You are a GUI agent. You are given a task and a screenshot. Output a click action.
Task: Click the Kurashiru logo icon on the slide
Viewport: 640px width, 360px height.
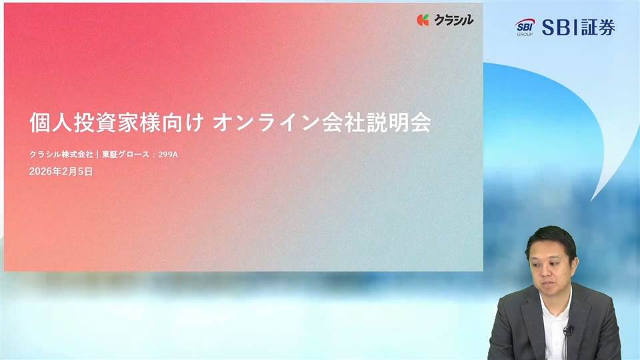click(423, 20)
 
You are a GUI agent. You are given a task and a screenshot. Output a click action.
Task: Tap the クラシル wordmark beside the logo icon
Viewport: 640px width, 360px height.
click(453, 20)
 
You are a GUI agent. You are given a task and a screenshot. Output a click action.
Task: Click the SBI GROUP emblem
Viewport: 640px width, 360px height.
click(525, 27)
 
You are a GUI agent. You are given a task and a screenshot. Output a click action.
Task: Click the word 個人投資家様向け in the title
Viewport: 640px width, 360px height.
click(117, 123)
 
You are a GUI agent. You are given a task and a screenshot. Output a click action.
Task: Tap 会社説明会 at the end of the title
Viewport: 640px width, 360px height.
click(377, 123)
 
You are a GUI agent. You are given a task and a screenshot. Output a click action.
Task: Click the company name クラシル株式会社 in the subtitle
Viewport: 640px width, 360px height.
click(61, 155)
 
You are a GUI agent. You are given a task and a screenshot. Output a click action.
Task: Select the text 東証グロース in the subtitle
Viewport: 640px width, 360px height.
click(126, 155)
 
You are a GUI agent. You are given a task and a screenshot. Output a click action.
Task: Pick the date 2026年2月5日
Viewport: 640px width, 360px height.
click(61, 172)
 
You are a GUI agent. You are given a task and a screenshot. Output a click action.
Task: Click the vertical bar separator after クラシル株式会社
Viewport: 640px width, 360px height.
click(97, 155)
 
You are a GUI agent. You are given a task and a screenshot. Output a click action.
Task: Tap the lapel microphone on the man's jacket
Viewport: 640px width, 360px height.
click(568, 330)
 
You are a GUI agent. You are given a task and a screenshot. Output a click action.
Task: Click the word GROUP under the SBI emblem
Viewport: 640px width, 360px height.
click(525, 35)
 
